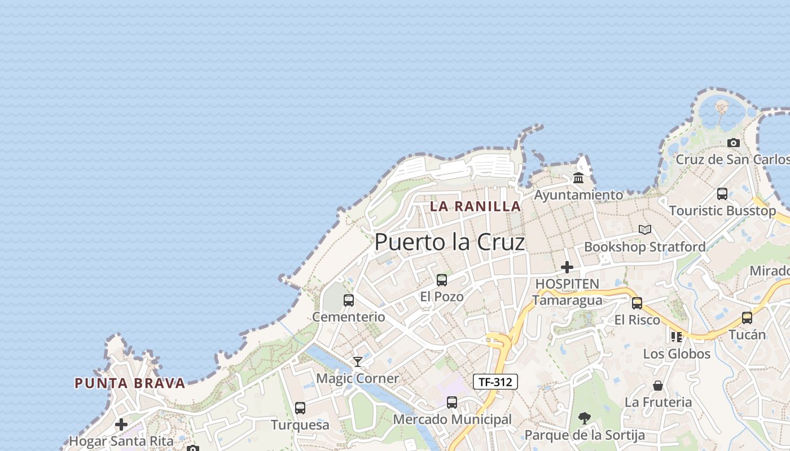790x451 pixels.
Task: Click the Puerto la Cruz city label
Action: click(450, 242)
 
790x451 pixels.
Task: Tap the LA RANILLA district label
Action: click(475, 206)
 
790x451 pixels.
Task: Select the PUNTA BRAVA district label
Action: click(130, 383)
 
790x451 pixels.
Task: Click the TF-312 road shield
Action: click(495, 382)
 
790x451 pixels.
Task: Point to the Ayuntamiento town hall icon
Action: click(578, 178)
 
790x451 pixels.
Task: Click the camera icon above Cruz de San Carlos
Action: click(733, 143)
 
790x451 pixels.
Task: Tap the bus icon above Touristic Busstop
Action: click(722, 194)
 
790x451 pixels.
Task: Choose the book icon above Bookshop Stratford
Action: click(644, 229)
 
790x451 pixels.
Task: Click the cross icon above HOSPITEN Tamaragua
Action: click(567, 267)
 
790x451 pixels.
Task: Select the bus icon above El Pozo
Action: click(442, 280)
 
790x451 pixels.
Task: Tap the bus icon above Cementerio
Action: click(349, 300)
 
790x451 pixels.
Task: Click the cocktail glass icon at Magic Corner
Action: click(357, 361)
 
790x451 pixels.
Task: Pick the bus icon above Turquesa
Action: click(300, 408)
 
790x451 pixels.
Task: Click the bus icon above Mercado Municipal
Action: click(451, 402)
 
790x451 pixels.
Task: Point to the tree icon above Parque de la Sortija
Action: click(585, 418)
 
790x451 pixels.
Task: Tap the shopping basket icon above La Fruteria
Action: click(658, 386)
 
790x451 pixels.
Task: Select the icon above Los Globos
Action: click(677, 337)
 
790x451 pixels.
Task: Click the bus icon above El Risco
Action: click(637, 303)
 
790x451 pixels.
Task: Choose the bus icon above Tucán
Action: click(747, 317)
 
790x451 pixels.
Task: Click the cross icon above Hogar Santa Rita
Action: click(121, 424)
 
